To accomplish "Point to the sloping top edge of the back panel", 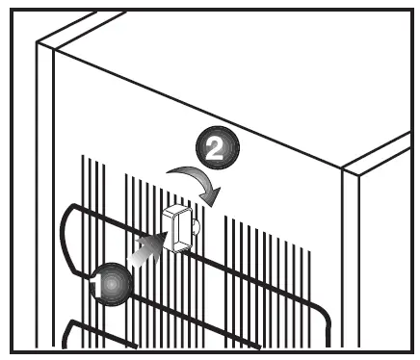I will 193,106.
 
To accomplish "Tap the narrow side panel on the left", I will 43,193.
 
